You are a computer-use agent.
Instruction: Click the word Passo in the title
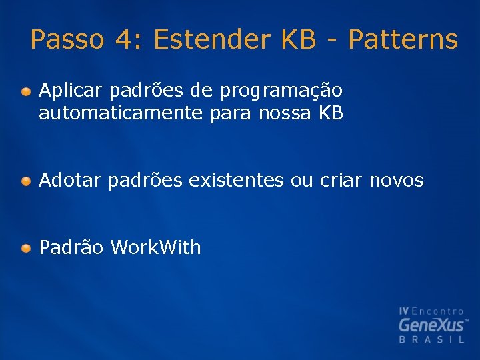point(67,40)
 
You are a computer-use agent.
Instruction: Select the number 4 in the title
point(123,40)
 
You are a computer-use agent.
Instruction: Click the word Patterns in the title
point(403,40)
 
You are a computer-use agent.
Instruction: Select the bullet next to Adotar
point(25,181)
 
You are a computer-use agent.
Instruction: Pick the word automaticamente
point(120,113)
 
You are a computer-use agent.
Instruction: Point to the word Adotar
point(70,180)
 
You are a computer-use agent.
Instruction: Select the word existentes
point(236,180)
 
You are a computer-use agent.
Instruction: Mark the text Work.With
point(155,248)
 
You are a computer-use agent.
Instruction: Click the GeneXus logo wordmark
point(432,325)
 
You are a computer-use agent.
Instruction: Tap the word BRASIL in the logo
point(432,340)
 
